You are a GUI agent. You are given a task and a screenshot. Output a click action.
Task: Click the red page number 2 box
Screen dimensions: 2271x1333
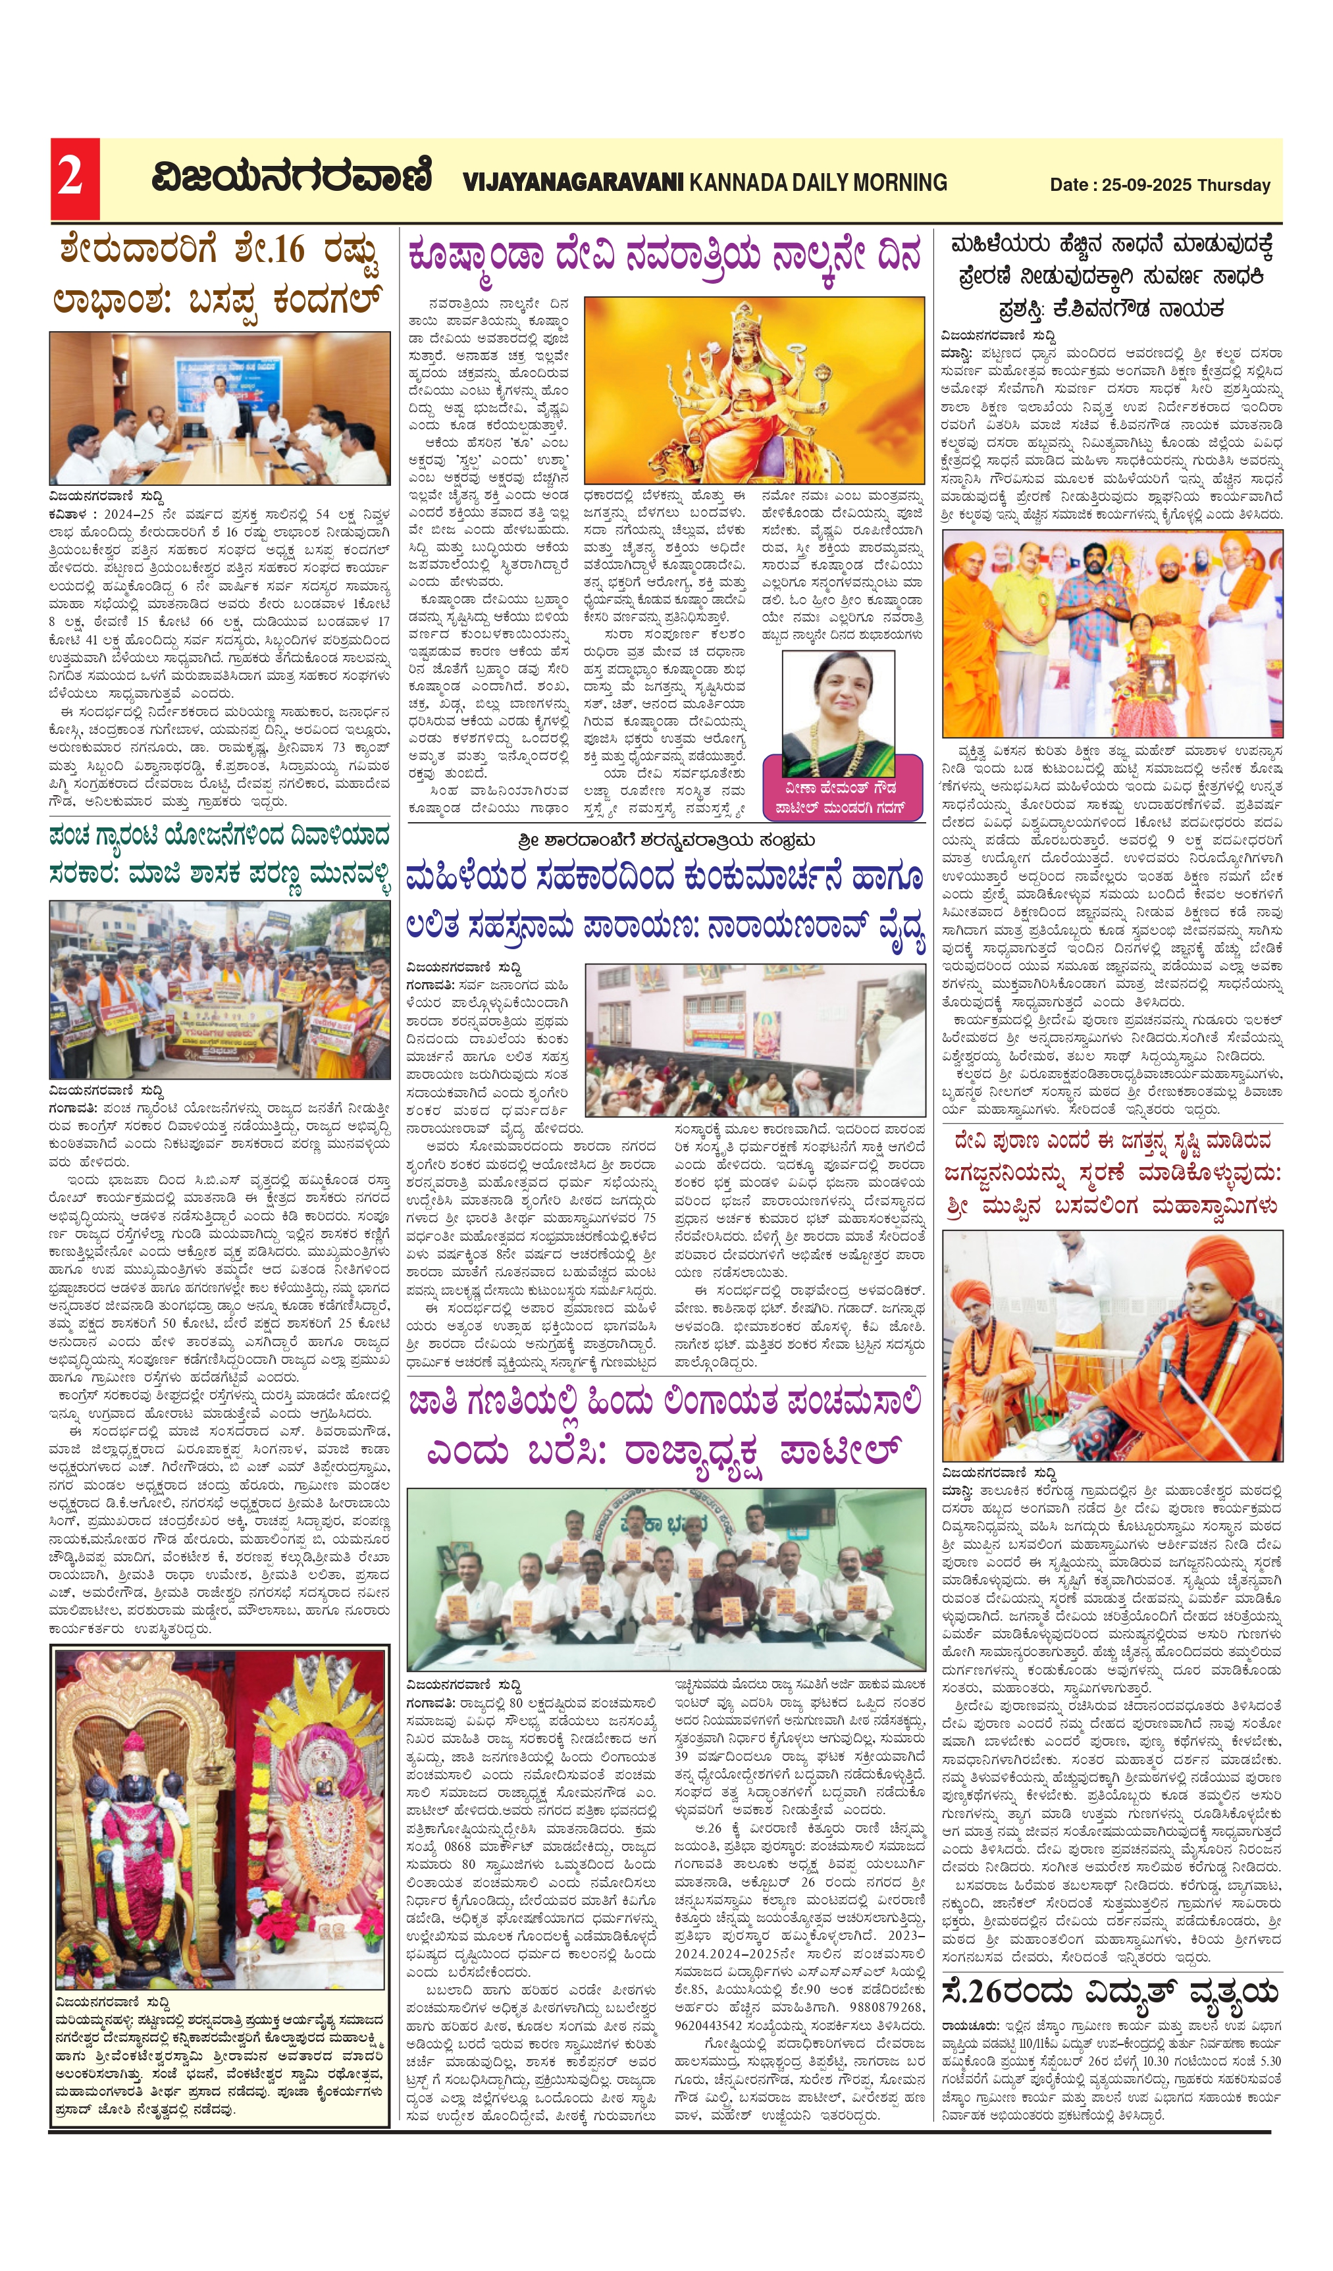click(x=74, y=178)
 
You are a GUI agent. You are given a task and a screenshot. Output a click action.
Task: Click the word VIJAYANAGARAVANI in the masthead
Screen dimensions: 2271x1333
click(x=573, y=183)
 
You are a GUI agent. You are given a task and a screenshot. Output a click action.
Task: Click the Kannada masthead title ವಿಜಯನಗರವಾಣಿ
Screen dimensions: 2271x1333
click(x=291, y=178)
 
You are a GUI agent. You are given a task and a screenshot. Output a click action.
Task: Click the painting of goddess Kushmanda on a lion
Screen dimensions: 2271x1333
click(x=754, y=390)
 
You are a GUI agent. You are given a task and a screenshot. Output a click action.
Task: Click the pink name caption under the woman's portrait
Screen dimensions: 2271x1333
click(x=842, y=798)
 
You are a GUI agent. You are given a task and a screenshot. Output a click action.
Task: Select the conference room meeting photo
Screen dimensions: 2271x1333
click(x=220, y=408)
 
